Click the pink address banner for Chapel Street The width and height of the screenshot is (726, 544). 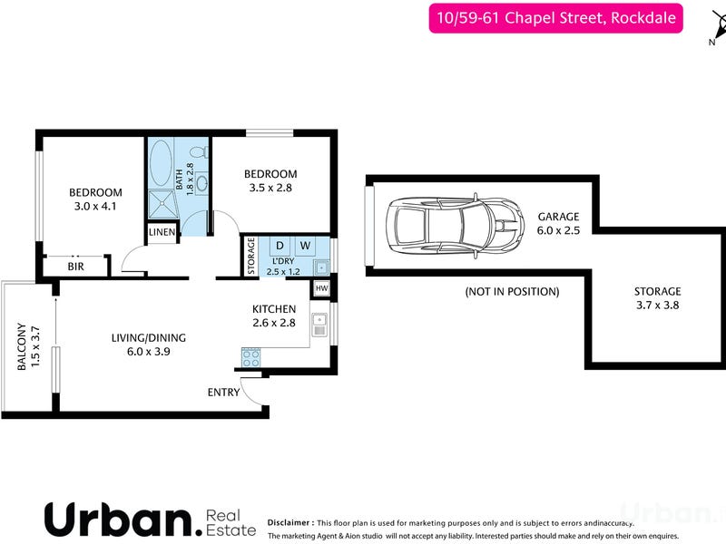pos(555,18)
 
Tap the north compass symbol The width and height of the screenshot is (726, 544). pos(719,27)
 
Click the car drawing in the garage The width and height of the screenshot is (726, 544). pos(455,226)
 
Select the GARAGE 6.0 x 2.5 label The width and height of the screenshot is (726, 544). pos(558,223)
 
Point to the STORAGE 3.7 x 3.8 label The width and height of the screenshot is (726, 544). pos(657,298)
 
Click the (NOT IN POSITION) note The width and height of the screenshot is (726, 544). pos(512,292)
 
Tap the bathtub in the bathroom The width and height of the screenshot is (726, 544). pos(161,163)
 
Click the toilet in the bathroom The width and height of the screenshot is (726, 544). pos(200,152)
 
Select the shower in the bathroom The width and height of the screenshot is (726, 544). pos(163,203)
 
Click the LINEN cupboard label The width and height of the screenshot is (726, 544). pos(162,232)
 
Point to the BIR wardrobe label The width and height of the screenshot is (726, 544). pos(76,267)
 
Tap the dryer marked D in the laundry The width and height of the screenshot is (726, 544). pos(280,246)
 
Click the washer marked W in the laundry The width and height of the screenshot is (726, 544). pos(305,246)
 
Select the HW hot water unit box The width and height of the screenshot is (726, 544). pos(322,288)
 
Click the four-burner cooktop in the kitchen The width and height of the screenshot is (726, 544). pos(251,357)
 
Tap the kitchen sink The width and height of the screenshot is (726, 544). pos(319,325)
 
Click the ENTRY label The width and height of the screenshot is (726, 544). pos(223,393)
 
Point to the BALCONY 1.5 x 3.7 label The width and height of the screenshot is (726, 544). pos(28,346)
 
